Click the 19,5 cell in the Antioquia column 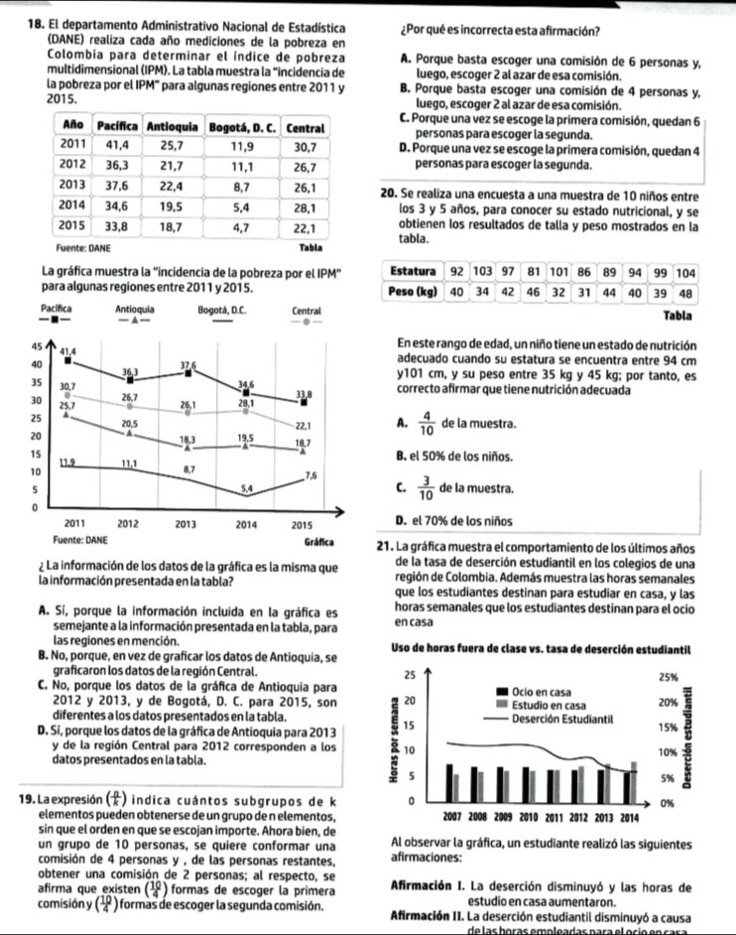click(x=171, y=206)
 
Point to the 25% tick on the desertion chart click(x=668, y=676)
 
